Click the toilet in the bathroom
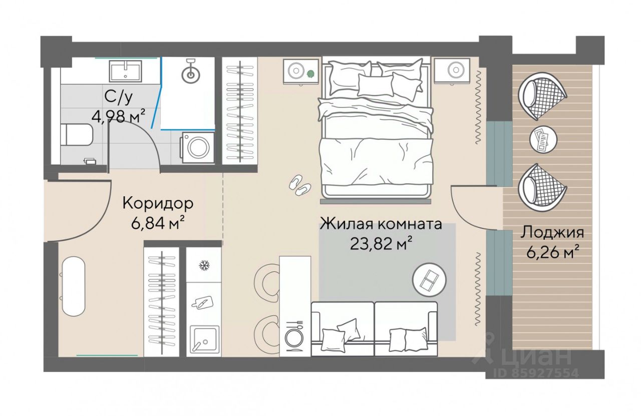pos(77,135)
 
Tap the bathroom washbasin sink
pos(125,72)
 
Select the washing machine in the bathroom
pos(197,148)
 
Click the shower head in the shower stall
pos(190,72)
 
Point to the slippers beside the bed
pos(300,185)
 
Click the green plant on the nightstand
pos(310,74)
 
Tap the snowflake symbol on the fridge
pos(204,265)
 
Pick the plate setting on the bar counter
pos(295,335)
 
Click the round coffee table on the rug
pos(429,279)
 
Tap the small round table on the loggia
pos(543,139)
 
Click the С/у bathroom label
pos(119,97)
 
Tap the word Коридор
pos(158,203)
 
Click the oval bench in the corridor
pos(74,286)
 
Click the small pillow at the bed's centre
pos(375,85)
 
